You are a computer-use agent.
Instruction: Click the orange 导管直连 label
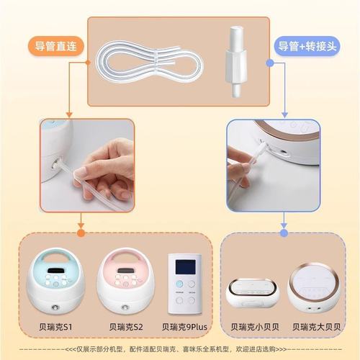click(55, 45)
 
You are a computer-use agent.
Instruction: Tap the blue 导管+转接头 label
click(305, 45)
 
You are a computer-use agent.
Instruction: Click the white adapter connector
click(233, 54)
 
